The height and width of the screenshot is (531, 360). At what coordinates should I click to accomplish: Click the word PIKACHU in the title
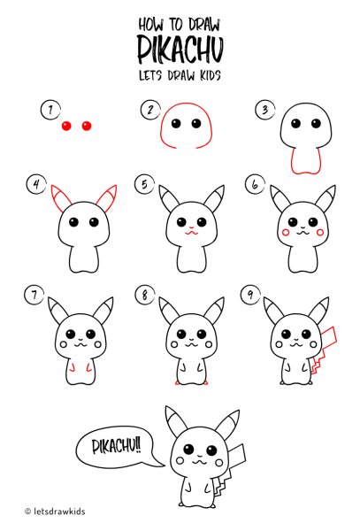click(180, 50)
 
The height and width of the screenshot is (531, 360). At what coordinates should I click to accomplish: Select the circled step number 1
click(50, 110)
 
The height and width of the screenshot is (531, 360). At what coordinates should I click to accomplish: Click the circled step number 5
click(144, 184)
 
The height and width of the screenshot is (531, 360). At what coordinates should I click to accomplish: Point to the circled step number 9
click(250, 294)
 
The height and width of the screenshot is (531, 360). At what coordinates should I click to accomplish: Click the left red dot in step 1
click(66, 126)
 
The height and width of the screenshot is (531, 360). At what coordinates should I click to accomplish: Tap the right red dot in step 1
click(87, 126)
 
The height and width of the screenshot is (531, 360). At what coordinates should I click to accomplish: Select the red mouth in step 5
click(191, 233)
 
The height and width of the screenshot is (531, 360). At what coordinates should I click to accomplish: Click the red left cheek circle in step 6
click(286, 232)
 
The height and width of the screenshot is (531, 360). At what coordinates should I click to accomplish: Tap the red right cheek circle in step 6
click(320, 232)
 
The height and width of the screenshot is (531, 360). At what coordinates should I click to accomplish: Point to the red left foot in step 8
click(177, 383)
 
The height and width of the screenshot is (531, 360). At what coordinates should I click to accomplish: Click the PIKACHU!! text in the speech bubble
click(116, 447)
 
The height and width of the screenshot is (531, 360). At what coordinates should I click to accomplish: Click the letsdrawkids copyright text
click(55, 511)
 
